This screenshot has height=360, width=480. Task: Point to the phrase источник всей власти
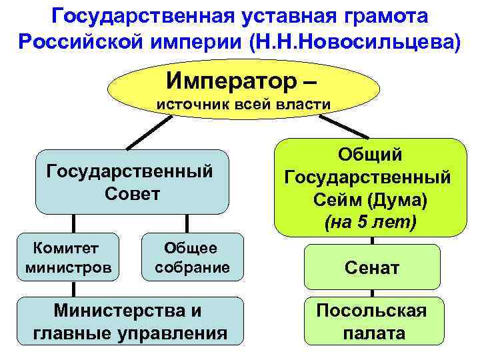pos(243,105)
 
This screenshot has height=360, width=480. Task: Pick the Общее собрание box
pos(192,257)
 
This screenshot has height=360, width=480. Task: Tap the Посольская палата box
pos(373,322)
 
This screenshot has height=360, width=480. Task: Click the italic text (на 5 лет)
pos(370,223)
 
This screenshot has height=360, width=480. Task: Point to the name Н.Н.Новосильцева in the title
pos(354,42)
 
